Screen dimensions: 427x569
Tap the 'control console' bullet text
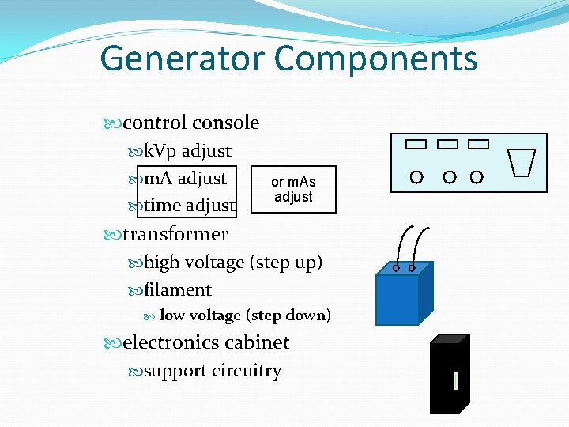click(190, 123)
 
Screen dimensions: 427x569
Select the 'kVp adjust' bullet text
click(187, 150)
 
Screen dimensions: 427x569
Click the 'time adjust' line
click(190, 206)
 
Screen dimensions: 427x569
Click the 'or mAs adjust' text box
click(293, 190)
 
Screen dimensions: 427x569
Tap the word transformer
click(175, 234)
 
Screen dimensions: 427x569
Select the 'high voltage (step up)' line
click(233, 262)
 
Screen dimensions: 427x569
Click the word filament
click(178, 289)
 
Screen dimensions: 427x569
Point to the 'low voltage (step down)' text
click(245, 316)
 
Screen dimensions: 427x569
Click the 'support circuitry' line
click(213, 370)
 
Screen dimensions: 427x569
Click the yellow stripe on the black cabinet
click(456, 382)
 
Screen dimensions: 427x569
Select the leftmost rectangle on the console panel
click(416, 144)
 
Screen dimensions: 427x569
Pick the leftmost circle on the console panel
click(416, 176)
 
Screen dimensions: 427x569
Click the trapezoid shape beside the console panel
click(523, 162)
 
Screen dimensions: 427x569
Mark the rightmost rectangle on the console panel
click(478, 144)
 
